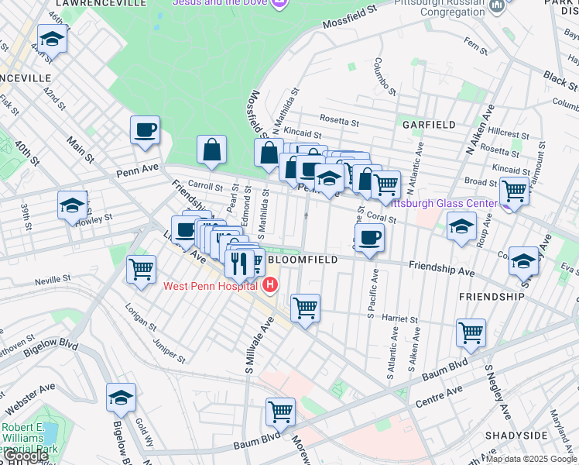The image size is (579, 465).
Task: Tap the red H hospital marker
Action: click(269, 286)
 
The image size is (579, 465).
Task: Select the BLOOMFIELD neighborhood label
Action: click(302, 260)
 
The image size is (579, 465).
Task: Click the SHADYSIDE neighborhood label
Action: click(516, 436)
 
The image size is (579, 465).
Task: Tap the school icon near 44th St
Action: click(52, 39)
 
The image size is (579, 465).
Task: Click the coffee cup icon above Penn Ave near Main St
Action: click(145, 129)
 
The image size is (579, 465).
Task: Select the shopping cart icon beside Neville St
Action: click(142, 270)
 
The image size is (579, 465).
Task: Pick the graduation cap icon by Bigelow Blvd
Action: click(121, 398)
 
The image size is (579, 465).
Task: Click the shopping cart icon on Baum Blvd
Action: click(280, 412)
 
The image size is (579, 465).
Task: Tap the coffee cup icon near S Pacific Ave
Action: click(369, 237)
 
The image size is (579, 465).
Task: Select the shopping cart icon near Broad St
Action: click(514, 190)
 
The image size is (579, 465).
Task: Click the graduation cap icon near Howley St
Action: click(72, 205)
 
